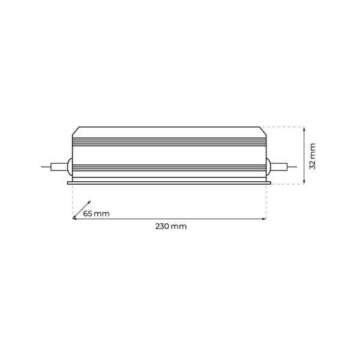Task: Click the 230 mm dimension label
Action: coord(171,227)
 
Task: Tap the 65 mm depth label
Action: coord(96,214)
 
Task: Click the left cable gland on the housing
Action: coord(69,166)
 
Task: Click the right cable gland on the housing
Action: coord(269,166)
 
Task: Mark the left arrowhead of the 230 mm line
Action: coord(74,220)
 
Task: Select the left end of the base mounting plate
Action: coord(68,182)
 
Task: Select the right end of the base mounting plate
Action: coord(270,182)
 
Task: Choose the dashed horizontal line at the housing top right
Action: coord(282,127)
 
